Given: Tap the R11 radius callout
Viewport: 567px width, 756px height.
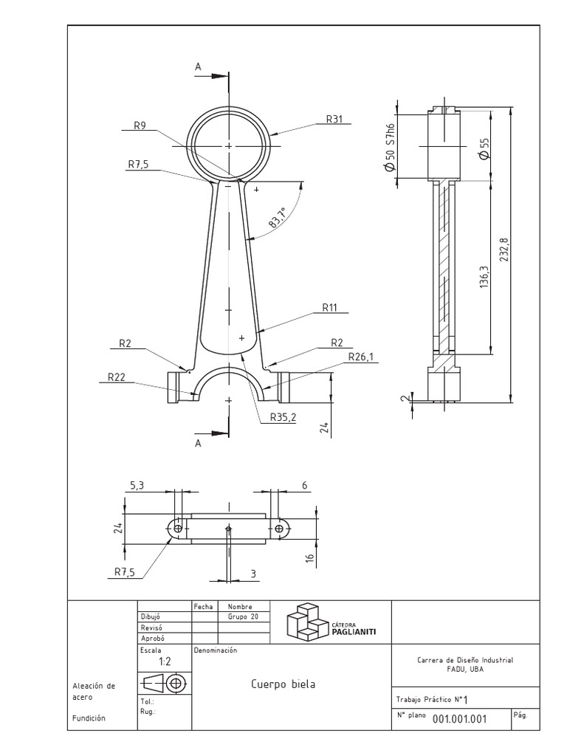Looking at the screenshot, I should (x=330, y=308).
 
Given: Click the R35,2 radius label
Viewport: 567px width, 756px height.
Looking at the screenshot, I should (x=283, y=417).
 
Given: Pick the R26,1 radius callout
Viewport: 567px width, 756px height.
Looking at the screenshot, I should (x=361, y=357).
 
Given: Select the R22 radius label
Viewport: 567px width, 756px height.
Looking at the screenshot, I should (x=116, y=377).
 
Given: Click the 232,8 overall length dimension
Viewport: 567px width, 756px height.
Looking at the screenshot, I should (x=504, y=253).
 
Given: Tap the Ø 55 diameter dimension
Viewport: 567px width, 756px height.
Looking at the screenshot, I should (x=484, y=148).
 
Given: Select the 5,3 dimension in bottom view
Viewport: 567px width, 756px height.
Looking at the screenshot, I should (x=137, y=485).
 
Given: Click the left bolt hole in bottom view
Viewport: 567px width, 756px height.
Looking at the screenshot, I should (x=176, y=528).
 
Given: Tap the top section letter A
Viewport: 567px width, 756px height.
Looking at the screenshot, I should (x=198, y=66).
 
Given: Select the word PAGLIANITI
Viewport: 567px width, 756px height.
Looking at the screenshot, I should (x=359, y=631).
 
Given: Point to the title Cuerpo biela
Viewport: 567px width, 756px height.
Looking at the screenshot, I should (x=283, y=684).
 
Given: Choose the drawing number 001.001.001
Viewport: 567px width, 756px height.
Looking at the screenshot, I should (x=459, y=719).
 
